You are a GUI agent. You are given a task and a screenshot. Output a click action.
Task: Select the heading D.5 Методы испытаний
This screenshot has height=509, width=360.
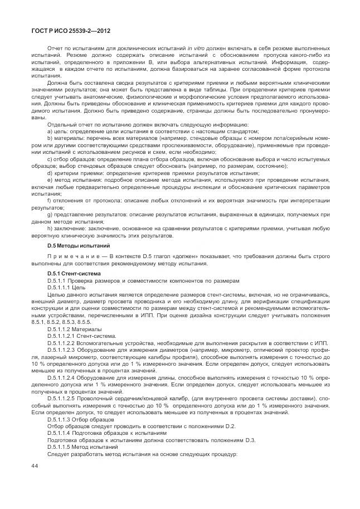click(x=78, y=245)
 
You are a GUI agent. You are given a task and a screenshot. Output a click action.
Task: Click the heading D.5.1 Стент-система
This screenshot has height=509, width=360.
click(x=74, y=274)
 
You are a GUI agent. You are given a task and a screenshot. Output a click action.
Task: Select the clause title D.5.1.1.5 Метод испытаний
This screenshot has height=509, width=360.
click(x=82, y=447)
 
